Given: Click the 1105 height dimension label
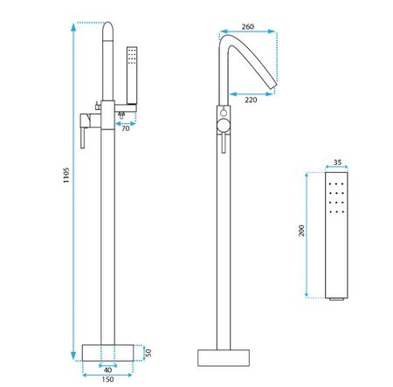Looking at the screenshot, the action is (66, 175).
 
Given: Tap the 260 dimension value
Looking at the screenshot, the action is (248, 26).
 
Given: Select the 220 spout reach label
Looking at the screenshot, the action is (251, 100).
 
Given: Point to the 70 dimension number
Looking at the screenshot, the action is (126, 128).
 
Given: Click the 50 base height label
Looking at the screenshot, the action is (148, 353).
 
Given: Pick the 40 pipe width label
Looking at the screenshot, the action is (107, 370).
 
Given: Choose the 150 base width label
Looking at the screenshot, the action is (107, 379).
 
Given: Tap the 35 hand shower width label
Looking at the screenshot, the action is (337, 162).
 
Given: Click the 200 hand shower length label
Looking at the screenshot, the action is (301, 231).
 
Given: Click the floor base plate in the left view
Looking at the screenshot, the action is (107, 353).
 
